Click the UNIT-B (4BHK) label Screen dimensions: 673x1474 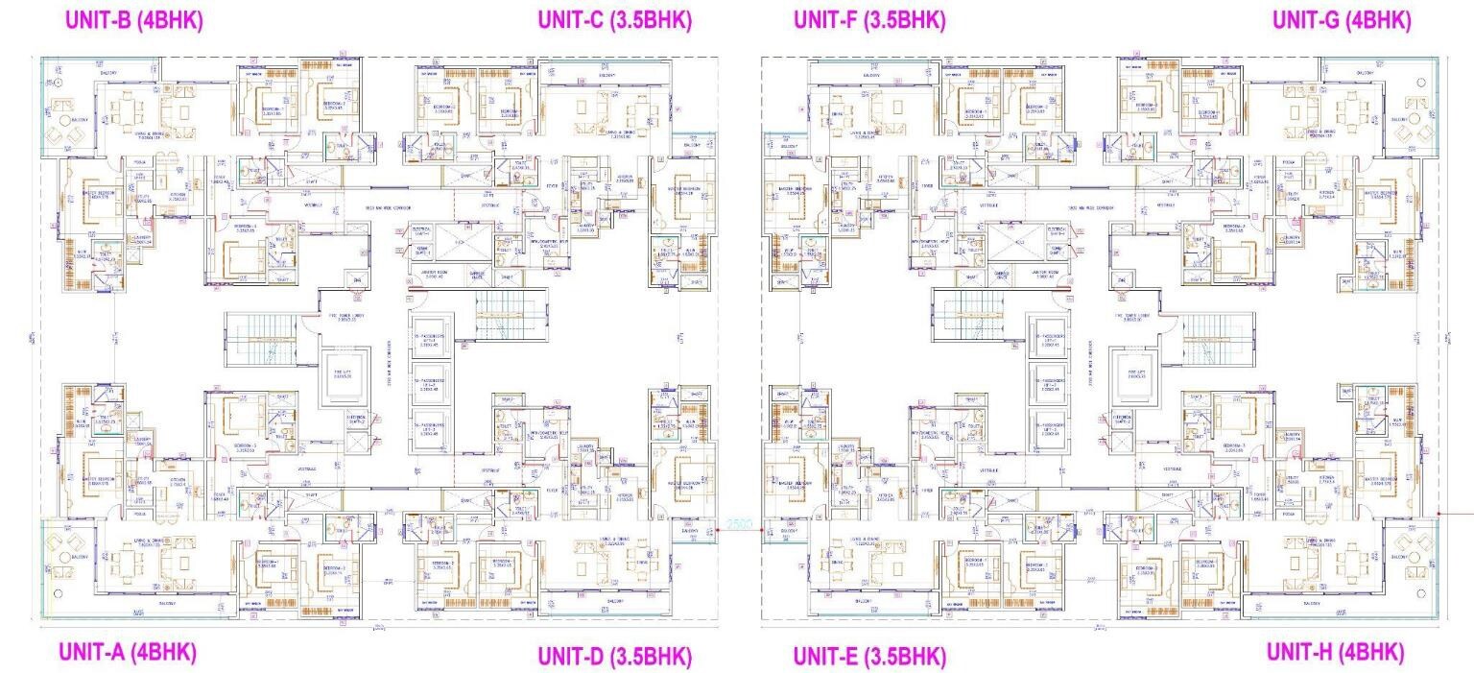pyautogui.click(x=133, y=20)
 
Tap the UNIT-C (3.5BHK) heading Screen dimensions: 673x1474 pyautogui.click(x=614, y=20)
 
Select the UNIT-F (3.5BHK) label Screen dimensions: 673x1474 pyautogui.click(x=869, y=20)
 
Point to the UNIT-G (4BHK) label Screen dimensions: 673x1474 pyautogui.click(x=1342, y=20)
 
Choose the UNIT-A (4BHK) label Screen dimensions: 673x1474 pyautogui.click(x=128, y=652)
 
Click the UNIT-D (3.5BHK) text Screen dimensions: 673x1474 pyautogui.click(x=614, y=657)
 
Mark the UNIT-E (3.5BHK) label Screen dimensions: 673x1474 pyautogui.click(x=869, y=657)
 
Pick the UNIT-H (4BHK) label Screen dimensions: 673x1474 pyautogui.click(x=1335, y=652)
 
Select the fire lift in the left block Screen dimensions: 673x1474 pyautogui.click(x=343, y=371)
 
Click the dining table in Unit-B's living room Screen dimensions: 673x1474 pyautogui.click(x=126, y=113)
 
